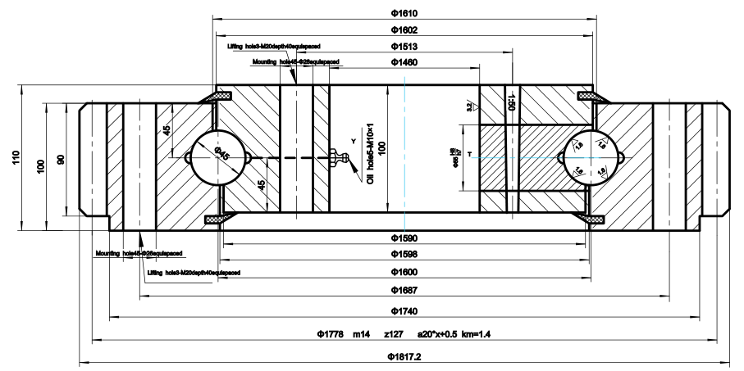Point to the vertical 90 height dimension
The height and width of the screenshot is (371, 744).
pos(60,159)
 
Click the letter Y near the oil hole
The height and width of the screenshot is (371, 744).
pos(353,142)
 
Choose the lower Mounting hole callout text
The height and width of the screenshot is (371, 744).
pos(138,253)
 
